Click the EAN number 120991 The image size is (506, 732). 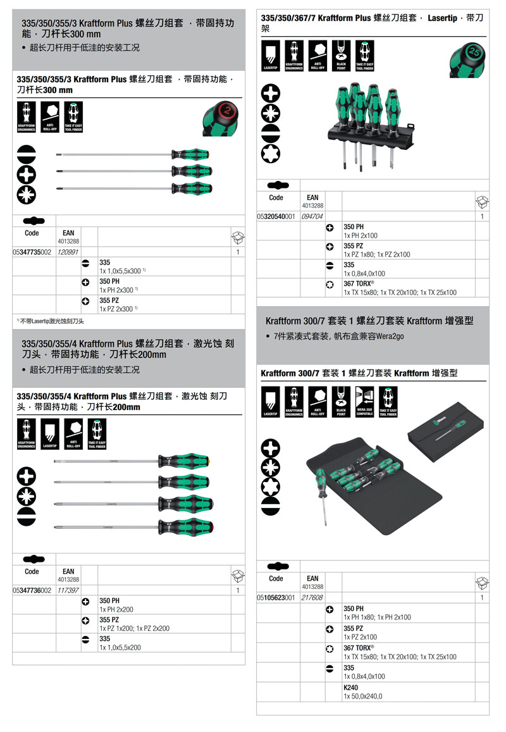tap(68, 252)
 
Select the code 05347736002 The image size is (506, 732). tap(32, 590)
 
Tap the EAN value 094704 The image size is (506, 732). tap(312, 216)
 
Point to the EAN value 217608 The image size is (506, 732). tap(312, 597)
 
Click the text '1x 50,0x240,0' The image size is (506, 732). tap(362, 696)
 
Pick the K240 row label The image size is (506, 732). tap(350, 687)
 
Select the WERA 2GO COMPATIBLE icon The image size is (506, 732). tap(364, 402)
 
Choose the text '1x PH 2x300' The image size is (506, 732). tap(117, 290)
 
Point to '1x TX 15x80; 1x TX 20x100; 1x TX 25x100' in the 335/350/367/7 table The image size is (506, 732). tap(400, 293)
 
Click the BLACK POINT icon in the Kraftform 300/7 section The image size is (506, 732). tap(341, 402)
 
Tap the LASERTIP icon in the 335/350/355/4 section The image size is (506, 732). tap(50, 434)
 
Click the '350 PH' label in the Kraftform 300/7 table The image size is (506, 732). tap(354, 608)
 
